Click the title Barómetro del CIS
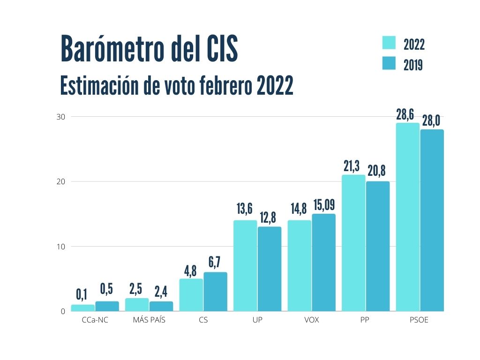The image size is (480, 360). [x=149, y=49]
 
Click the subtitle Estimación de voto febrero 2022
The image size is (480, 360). [x=177, y=86]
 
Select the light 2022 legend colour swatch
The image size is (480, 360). [x=389, y=43]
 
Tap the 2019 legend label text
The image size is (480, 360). [x=413, y=64]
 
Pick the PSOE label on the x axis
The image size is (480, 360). [x=419, y=321]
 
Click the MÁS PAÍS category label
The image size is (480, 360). [x=149, y=321]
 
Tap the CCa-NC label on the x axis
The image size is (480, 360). [x=95, y=321]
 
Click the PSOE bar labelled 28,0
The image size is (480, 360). [x=432, y=220]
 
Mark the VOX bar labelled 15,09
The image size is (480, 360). [x=323, y=262]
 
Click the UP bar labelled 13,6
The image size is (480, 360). [x=245, y=266]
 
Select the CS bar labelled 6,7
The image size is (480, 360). [x=215, y=292]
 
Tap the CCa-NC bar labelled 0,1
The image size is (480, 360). [x=82, y=308]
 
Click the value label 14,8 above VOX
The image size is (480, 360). [x=299, y=209]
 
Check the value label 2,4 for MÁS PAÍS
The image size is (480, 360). [x=161, y=291]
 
